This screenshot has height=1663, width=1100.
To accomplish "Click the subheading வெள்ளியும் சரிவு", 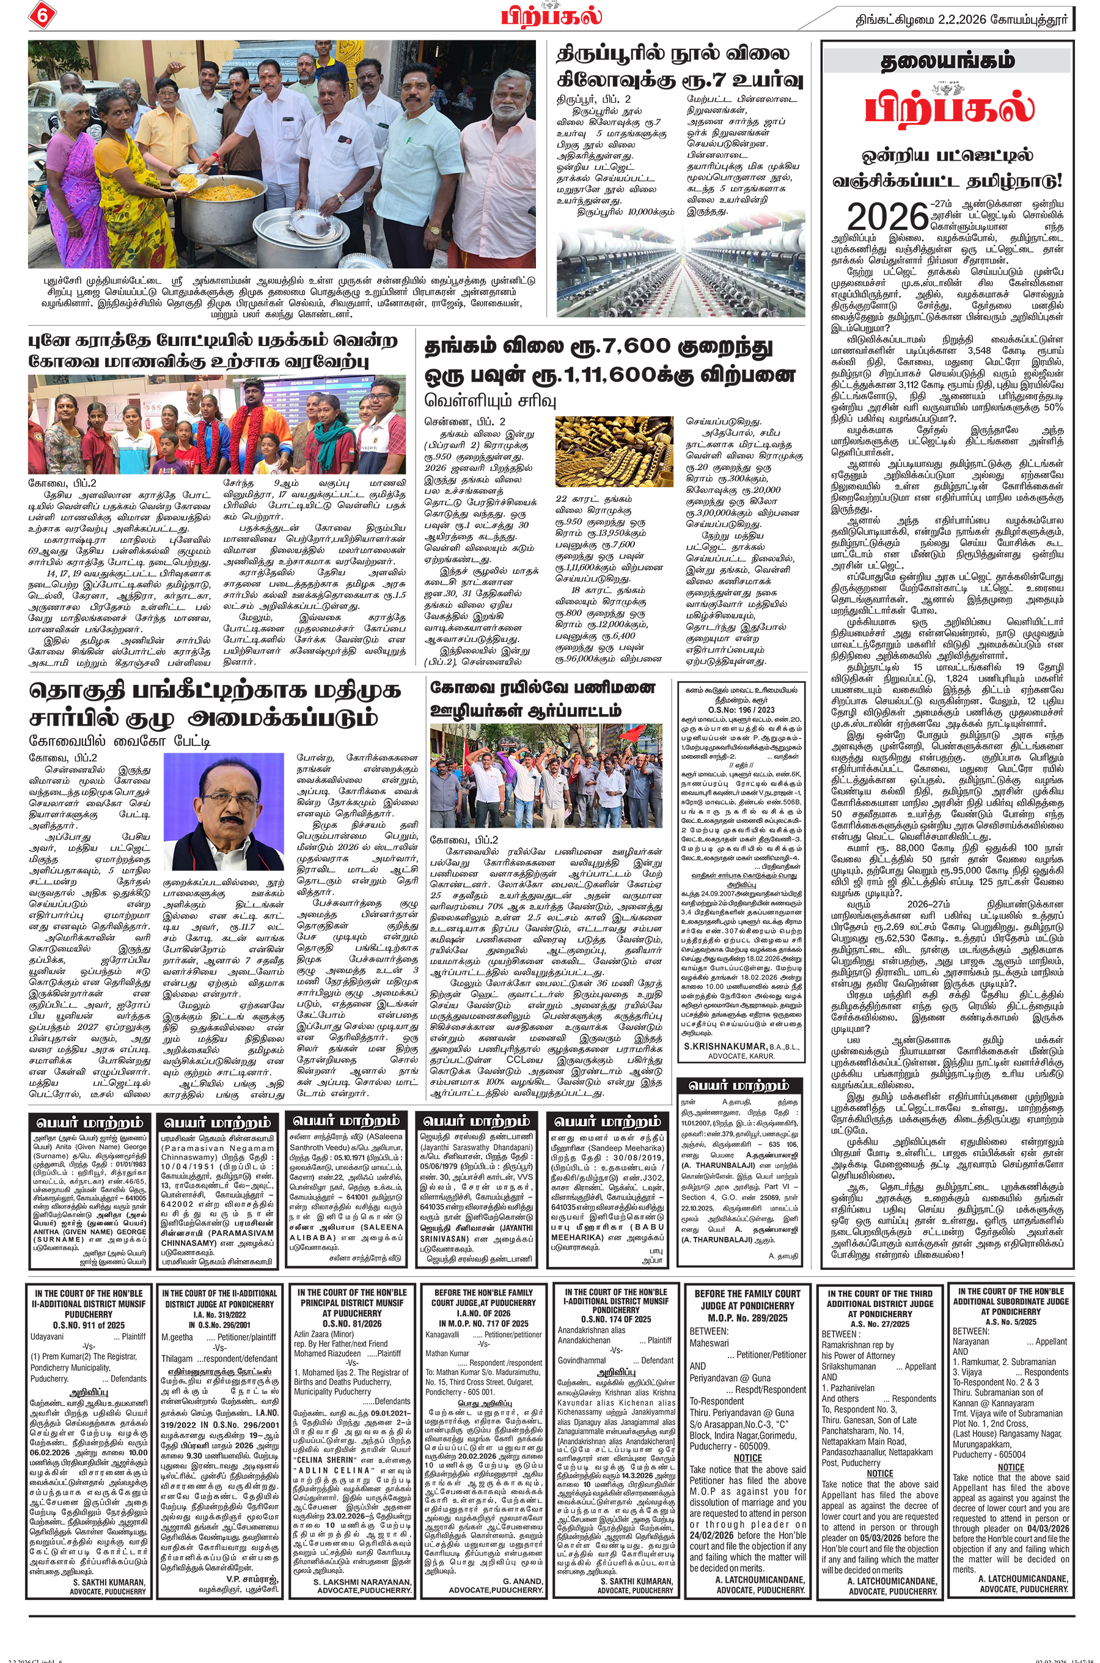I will click(490, 400).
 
